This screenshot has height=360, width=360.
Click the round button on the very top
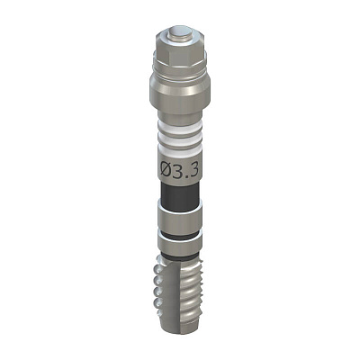pyautogui.click(x=180, y=32)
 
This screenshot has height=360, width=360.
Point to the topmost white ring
pyautogui.click(x=180, y=126)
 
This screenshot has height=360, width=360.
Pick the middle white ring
pyautogui.click(x=180, y=138)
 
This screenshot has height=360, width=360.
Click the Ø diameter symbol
pyautogui.click(x=166, y=171)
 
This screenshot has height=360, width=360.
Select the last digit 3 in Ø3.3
pyautogui.click(x=194, y=171)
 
